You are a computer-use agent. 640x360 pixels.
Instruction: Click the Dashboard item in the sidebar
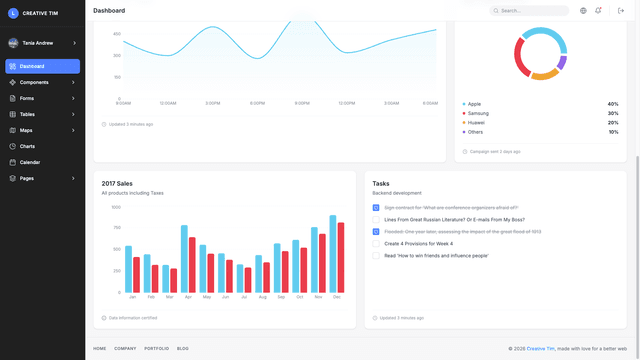click(32, 66)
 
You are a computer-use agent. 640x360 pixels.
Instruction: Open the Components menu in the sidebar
click(34, 82)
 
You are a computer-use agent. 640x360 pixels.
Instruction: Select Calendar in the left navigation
click(30, 162)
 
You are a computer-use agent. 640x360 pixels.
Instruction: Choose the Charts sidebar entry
click(27, 146)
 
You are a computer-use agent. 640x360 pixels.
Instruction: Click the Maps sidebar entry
click(26, 130)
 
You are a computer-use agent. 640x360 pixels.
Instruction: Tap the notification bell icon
click(598, 11)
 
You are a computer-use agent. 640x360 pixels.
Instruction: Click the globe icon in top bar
click(583, 11)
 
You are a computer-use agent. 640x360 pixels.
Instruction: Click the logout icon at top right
click(621, 11)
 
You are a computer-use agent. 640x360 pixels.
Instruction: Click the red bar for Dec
click(340, 257)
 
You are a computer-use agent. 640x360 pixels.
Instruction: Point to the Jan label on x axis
click(132, 297)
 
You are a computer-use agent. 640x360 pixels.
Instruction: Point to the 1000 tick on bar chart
click(116, 208)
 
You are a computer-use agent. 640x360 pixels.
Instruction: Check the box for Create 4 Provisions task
click(376, 243)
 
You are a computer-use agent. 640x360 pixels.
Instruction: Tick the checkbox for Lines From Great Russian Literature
click(376, 219)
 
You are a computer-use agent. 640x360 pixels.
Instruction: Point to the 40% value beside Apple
click(612, 104)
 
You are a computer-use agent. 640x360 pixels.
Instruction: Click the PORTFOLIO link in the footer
click(156, 348)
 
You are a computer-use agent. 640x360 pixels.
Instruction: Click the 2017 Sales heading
click(117, 183)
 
